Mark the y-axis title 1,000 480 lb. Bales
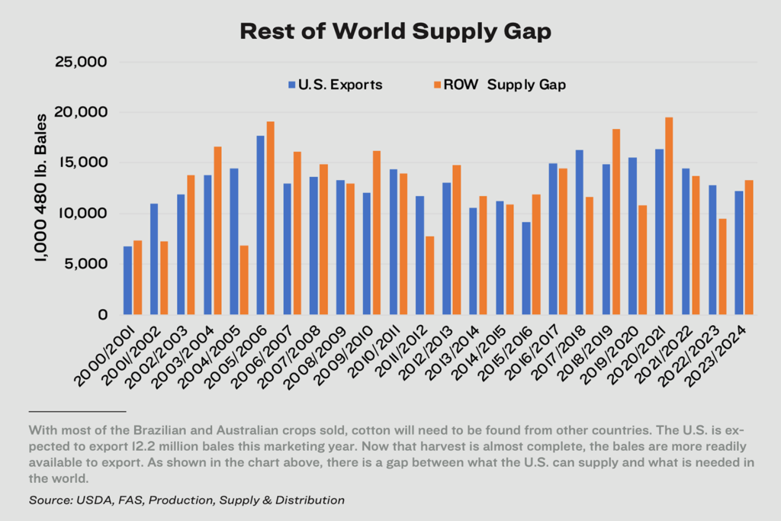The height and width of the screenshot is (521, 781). tap(41, 188)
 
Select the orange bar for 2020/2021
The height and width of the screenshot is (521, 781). tap(668, 216)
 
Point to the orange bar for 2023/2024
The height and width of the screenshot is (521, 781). tap(748, 247)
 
